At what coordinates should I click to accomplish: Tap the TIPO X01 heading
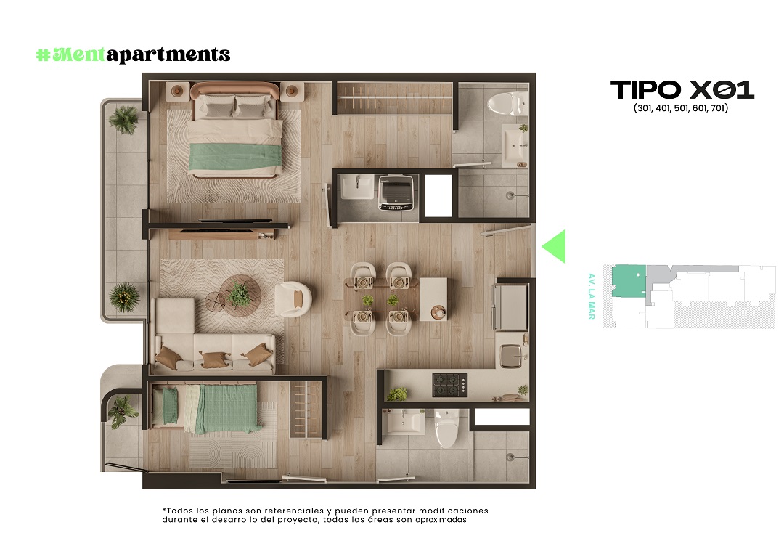click(682, 90)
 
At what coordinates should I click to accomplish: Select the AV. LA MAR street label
click(592, 296)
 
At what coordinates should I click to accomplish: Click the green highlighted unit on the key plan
click(629, 281)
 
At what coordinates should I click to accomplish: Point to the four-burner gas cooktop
click(450, 385)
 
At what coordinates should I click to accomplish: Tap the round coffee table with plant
click(240, 296)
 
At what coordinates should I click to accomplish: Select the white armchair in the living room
click(293, 298)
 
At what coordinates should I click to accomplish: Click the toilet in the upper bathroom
click(507, 104)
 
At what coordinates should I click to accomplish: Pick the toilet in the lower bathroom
click(446, 429)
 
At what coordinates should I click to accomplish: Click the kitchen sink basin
click(510, 356)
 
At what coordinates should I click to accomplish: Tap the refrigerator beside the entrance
click(510, 307)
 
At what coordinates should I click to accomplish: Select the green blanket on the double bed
click(233, 156)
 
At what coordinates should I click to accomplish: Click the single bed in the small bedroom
click(206, 408)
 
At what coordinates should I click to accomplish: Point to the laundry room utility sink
click(357, 187)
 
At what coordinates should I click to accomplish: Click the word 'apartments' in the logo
click(168, 54)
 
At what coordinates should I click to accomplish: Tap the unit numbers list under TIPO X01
click(680, 108)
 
